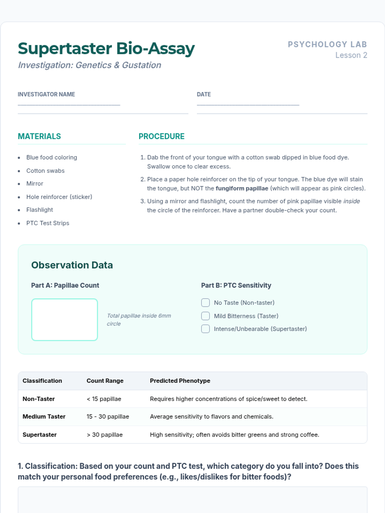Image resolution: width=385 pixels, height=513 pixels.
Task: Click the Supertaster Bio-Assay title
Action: pos(106,49)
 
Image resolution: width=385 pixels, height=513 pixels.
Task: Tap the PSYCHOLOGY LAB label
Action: pos(327,44)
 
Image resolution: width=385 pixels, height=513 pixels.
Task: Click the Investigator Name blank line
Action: pos(69,105)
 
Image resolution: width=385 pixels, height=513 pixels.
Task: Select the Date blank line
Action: pos(248,105)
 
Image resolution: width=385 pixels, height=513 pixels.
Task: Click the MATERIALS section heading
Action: pos(39,136)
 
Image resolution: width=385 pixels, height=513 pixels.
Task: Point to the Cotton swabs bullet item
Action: pos(45,171)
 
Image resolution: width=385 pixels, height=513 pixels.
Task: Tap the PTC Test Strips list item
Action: pos(47,223)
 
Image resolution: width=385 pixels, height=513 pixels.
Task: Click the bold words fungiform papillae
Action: pos(242,188)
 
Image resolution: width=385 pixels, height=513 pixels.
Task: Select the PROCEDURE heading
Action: pos(161,136)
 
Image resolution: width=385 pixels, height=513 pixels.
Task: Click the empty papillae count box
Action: pos(64,319)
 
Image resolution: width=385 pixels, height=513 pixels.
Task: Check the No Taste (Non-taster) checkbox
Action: pos(205,303)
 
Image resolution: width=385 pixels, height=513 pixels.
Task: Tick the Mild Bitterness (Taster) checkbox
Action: pos(205,316)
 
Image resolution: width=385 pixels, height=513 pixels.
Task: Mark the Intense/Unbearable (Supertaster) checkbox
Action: pos(205,329)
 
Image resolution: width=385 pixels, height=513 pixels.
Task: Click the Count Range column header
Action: pos(105,381)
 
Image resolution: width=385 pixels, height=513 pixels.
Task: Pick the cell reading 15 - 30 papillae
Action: pos(107,416)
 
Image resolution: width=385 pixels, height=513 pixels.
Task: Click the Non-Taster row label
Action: pos(38,399)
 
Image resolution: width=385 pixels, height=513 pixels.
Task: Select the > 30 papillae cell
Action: pos(105,435)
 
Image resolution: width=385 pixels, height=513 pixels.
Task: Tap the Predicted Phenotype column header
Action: pos(180,381)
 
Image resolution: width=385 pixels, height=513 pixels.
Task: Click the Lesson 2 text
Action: pos(351,55)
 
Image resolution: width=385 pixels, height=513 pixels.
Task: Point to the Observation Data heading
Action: pos(72,265)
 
